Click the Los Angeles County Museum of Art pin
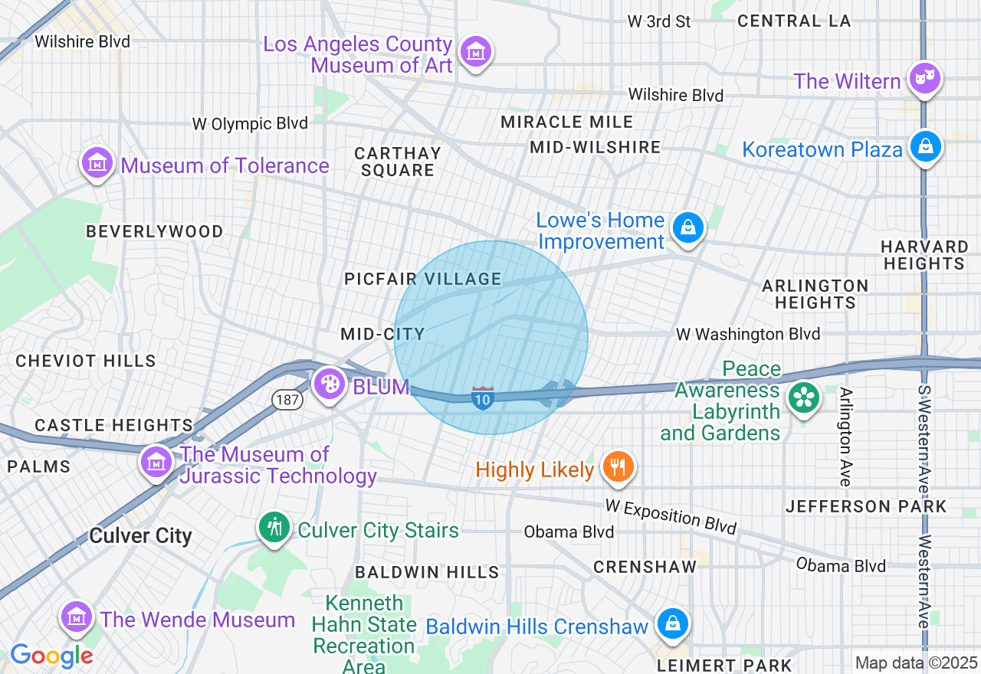pyautogui.click(x=476, y=53)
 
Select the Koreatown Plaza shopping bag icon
pyautogui.click(x=924, y=146)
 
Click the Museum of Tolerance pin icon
pyautogui.click(x=97, y=163)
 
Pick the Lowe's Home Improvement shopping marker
pyautogui.click(x=687, y=228)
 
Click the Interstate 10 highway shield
pyautogui.click(x=482, y=398)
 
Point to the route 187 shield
pyautogui.click(x=284, y=398)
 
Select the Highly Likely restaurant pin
pyautogui.click(x=618, y=466)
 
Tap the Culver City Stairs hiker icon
pyautogui.click(x=274, y=527)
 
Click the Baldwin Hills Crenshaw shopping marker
pyautogui.click(x=672, y=623)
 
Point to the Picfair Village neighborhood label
pyautogui.click(x=423, y=279)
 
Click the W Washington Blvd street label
pyautogui.click(x=747, y=334)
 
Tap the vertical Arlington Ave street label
pyautogui.click(x=845, y=437)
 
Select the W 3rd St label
pyautogui.click(x=659, y=21)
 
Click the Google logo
pyautogui.click(x=51, y=656)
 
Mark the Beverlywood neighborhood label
pyautogui.click(x=155, y=231)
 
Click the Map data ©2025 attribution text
pyautogui.click(x=917, y=663)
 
